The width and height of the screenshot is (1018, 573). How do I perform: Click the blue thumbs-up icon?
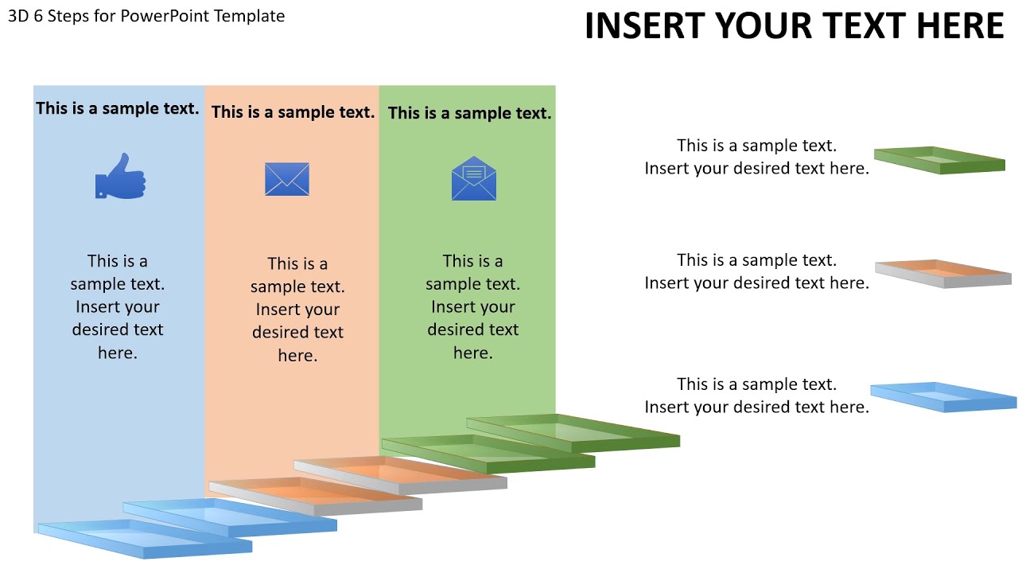pyautogui.click(x=120, y=177)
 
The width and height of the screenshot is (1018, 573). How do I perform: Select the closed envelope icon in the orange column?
pyautogui.click(x=287, y=179)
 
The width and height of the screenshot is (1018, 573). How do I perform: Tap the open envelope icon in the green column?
pyautogui.click(x=474, y=179)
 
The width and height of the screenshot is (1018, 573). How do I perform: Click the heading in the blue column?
pyautogui.click(x=118, y=108)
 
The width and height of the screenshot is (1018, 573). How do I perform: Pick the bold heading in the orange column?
pyautogui.click(x=293, y=112)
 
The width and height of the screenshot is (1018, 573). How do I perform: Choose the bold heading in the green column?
pyautogui.click(x=469, y=113)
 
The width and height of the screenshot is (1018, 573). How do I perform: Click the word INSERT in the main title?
pyautogui.click(x=644, y=26)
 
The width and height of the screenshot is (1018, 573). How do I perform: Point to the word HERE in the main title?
pyautogui.click(x=959, y=26)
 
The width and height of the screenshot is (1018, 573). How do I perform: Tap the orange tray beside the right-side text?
pyautogui.click(x=943, y=273)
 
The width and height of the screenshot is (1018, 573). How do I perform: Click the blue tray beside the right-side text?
pyautogui.click(x=943, y=397)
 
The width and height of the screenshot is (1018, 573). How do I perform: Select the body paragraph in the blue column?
pyautogui.click(x=118, y=306)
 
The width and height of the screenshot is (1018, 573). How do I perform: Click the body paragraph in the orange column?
pyautogui.click(x=297, y=309)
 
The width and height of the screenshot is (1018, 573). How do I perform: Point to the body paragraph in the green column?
pyautogui.click(x=472, y=306)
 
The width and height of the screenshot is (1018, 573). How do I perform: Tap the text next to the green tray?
pyautogui.click(x=756, y=157)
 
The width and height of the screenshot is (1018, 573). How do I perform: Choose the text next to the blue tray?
pyautogui.click(x=756, y=396)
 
